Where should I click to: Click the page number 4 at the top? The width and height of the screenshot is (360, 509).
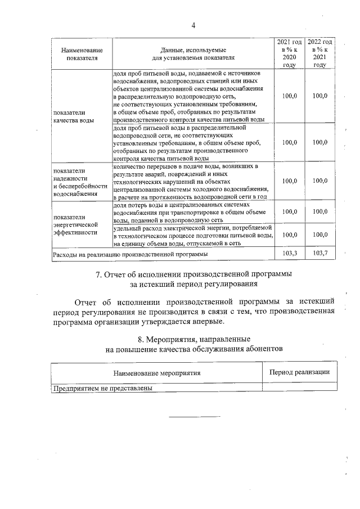193,25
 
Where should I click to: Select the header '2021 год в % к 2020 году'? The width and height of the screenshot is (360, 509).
289,53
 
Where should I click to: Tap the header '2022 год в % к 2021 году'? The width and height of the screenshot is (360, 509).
319,53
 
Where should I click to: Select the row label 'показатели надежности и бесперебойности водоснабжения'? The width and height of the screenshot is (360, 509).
79,182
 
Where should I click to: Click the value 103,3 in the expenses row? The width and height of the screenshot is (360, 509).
289,254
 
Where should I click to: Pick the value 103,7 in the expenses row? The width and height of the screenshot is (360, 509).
319,254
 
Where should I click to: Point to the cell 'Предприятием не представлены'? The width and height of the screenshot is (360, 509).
102,388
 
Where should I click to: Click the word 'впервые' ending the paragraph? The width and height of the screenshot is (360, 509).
205,321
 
